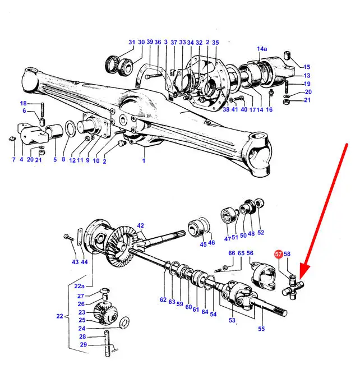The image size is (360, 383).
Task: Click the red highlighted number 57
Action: coord(278,254)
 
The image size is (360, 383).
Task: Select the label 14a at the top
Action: coord(262,49)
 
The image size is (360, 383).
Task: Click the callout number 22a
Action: coord(80,286)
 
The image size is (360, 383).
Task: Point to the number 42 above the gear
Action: coord(140,225)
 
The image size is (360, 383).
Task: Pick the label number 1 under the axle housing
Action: coord(144,161)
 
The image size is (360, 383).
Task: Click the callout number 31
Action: coord(132,42)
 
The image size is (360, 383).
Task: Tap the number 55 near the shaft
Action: coord(261,329)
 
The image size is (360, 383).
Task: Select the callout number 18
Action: coord(23,103)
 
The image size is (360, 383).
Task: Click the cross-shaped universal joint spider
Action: coord(293,288)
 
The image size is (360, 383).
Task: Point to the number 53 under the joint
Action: coord(232,320)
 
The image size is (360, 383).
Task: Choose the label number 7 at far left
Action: coord(13,160)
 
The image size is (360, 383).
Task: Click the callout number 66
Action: coord(232,253)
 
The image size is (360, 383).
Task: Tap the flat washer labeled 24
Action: coord(124,322)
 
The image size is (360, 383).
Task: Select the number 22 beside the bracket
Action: coord(59,316)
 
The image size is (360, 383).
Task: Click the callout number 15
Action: coord(307,67)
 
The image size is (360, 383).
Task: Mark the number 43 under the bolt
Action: coord(75,262)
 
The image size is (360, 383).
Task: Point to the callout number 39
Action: coord(150,41)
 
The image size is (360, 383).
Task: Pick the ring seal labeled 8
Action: coord(71,129)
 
